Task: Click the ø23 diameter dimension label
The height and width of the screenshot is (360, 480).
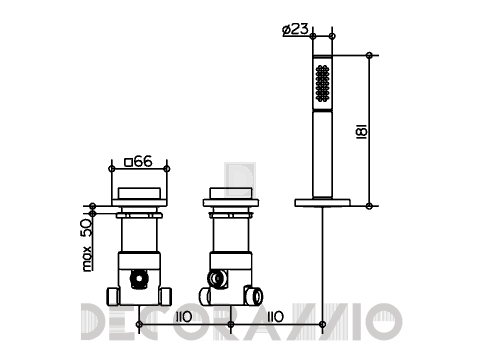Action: click(295, 29)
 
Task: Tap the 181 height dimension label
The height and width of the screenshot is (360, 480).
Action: click(362, 131)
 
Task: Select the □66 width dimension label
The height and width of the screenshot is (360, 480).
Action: click(138, 162)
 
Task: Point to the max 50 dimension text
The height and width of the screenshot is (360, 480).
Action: click(86, 245)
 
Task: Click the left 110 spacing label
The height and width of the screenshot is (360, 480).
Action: click(184, 317)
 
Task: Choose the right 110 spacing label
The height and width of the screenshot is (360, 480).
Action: click(276, 317)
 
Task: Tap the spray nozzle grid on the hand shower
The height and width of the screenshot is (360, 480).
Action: click(322, 83)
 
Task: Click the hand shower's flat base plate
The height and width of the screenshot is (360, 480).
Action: click(322, 202)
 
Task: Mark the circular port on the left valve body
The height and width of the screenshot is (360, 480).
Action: click(138, 279)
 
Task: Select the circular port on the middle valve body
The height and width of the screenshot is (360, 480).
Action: click(217, 278)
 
